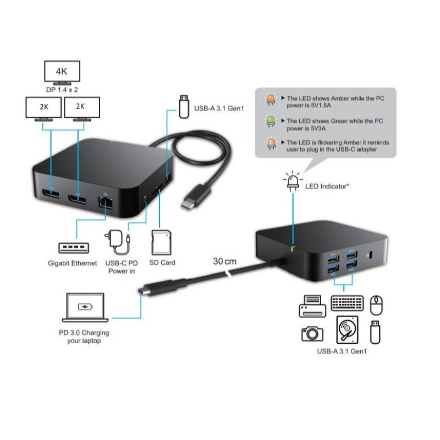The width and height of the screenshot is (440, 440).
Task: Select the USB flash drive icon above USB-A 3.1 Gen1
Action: [x=184, y=105]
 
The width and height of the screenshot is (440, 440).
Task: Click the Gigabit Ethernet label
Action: [x=72, y=263]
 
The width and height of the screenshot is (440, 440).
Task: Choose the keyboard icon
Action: [x=347, y=304]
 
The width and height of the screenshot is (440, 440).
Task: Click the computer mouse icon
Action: [x=377, y=303]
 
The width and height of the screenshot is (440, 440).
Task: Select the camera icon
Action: [x=312, y=333]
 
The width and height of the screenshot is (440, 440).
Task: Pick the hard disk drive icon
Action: [x=347, y=331]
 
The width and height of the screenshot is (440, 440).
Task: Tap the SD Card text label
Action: [x=162, y=263]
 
